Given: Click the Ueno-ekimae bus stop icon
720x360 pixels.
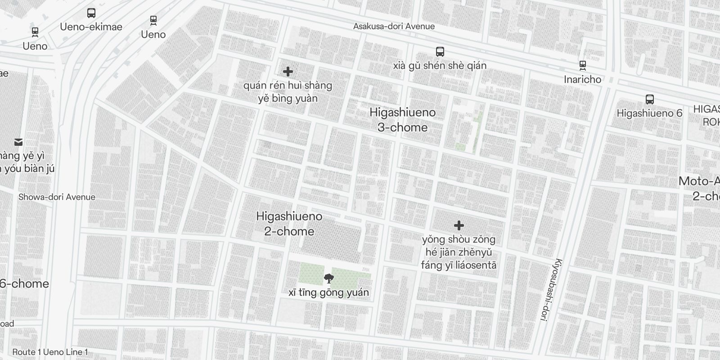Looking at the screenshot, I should tap(91, 13).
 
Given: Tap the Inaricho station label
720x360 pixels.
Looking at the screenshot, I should tap(582, 79).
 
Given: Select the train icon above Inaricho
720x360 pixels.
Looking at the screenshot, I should tap(583, 65).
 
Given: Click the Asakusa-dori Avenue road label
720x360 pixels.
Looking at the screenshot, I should tap(394, 26).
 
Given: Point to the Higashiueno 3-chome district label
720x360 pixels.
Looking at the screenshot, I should tap(402, 120).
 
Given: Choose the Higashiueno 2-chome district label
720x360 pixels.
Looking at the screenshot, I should tap(289, 224).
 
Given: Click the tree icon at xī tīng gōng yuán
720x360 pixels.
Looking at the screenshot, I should tap(329, 279).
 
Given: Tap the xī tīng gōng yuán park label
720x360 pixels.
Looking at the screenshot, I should tap(328, 292).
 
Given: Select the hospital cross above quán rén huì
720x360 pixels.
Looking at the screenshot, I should tap(288, 72).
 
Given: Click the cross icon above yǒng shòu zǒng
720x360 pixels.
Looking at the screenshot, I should tap(459, 225).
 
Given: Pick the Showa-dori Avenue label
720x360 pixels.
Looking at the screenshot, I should tap(57, 197).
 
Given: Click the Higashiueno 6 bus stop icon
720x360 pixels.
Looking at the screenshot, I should tap(649, 99).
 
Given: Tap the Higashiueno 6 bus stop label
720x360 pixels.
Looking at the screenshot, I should tap(649, 113).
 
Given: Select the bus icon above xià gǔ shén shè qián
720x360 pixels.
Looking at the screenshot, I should tap(440, 52).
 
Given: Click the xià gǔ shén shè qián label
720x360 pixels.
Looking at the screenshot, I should tap(440, 66).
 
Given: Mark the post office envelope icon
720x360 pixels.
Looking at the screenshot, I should tap(18, 142).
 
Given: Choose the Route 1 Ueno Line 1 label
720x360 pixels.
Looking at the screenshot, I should tap(50, 352).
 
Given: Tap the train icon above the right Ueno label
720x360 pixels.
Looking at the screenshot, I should tap(153, 20).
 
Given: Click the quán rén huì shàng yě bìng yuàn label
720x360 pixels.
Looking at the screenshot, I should tap(288, 92).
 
